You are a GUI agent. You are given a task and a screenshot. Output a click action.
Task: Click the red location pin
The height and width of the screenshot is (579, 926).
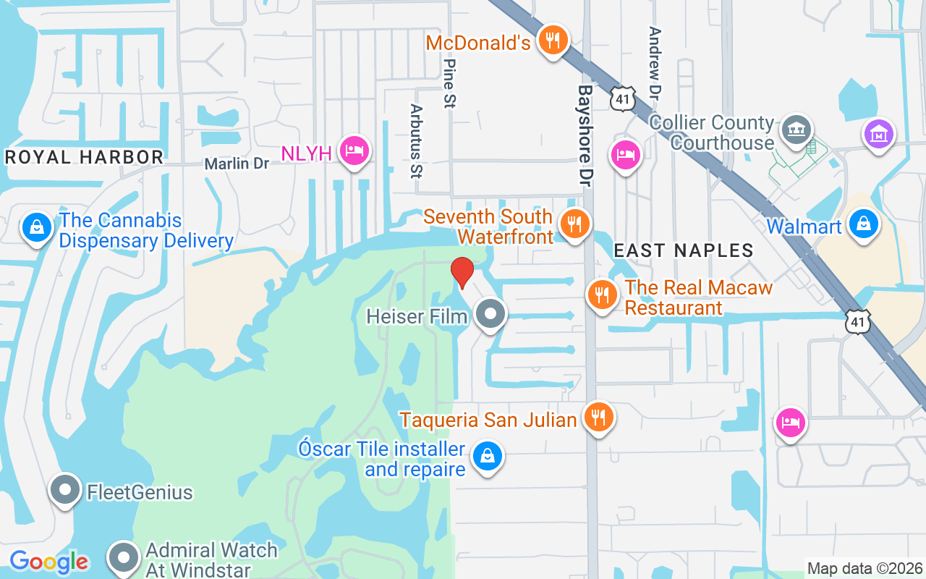point(462,272)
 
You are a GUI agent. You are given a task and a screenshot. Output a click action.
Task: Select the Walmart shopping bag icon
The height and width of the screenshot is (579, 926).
point(864,224)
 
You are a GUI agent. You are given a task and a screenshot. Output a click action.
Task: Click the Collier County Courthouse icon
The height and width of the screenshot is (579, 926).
point(797,130)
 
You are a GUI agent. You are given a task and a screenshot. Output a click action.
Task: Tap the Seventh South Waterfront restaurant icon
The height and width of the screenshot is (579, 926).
point(575,224)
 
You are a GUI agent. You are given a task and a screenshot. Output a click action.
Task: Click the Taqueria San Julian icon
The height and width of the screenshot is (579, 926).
point(598,417)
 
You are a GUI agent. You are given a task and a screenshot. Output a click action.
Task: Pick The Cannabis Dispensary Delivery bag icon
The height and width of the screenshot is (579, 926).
point(37,228)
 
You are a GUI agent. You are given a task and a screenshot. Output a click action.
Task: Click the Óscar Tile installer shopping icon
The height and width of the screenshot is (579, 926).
point(488,456)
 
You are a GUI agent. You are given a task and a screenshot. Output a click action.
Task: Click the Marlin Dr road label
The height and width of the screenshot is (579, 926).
point(237,164)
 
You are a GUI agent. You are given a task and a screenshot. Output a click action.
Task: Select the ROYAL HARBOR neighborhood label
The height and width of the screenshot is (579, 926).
point(85,157)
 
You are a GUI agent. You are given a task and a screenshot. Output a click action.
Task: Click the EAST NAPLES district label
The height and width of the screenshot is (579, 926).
point(684,250)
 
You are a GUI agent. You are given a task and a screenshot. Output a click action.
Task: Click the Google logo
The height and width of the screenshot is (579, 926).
point(48,562)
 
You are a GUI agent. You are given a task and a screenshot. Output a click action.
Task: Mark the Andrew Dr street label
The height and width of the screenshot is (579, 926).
point(655,64)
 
